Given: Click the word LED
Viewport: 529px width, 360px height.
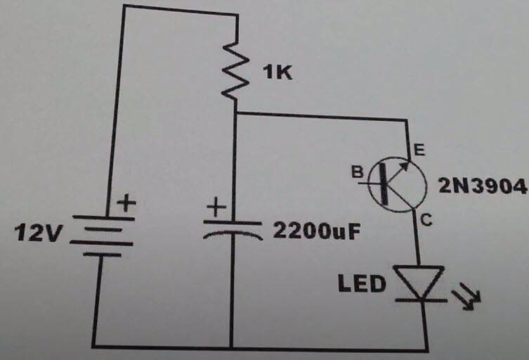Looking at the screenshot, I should (363, 285).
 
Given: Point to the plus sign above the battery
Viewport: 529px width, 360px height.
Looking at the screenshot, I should (126, 204).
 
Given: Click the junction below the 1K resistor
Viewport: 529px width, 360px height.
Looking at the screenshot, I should (237, 113).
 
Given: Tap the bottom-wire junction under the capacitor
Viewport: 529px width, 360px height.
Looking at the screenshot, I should (232, 347).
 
